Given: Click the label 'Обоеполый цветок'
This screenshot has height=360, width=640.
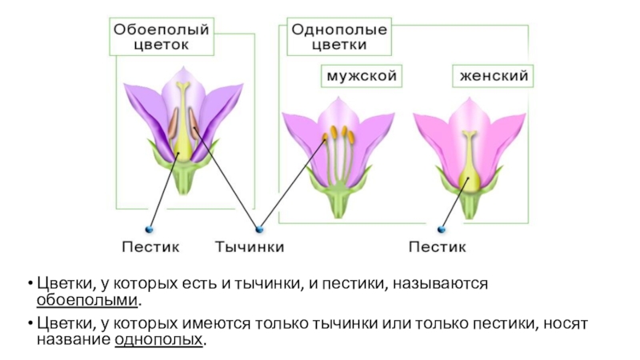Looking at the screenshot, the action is [161, 38].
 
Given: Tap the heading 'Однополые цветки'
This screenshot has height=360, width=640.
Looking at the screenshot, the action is [339, 38].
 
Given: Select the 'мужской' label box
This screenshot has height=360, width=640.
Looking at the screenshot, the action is [361, 76].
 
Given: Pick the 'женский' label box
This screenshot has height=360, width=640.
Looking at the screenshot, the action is [493, 76].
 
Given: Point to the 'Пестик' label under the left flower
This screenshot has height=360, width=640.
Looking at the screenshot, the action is [150, 246].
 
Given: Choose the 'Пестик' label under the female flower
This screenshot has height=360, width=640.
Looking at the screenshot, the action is [438, 246].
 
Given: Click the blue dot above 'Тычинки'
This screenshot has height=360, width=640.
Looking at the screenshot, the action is [258, 227].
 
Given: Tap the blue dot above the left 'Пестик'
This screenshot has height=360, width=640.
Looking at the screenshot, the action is [148, 227].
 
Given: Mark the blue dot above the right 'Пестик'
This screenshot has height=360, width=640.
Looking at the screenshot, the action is [442, 227].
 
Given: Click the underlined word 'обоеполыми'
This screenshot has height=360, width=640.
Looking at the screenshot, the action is [87, 301].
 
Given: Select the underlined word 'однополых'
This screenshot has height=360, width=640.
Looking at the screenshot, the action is [159, 339].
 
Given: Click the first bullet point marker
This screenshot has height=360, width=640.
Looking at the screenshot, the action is [28, 284].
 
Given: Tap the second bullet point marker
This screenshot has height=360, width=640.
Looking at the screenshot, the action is [28, 323].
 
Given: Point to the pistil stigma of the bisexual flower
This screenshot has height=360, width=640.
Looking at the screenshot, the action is [184, 86].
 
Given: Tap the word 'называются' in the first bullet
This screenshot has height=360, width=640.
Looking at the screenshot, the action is [442, 284].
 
